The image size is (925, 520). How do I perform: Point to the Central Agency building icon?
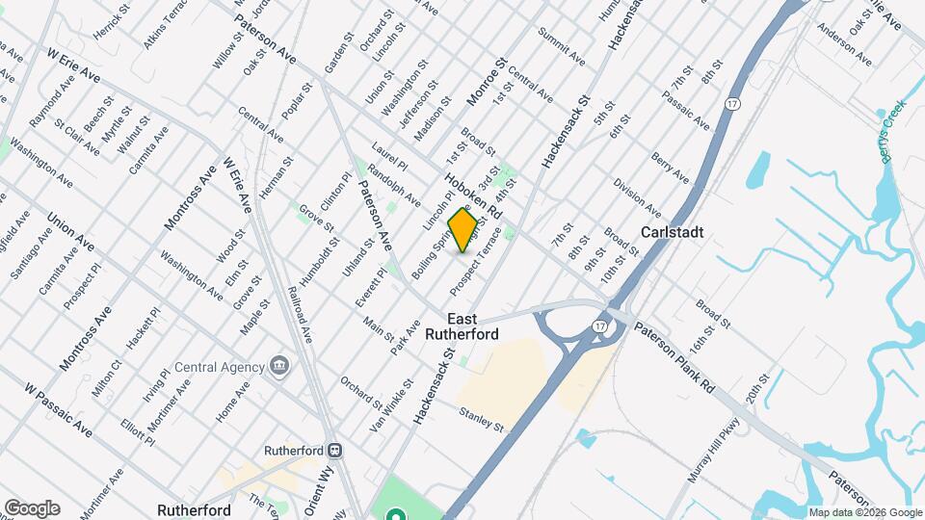point(280,366)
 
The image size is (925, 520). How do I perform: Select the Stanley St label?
point(482,419)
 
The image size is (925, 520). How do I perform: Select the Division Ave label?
point(637,197)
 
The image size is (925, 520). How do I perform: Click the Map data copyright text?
point(864,512)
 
